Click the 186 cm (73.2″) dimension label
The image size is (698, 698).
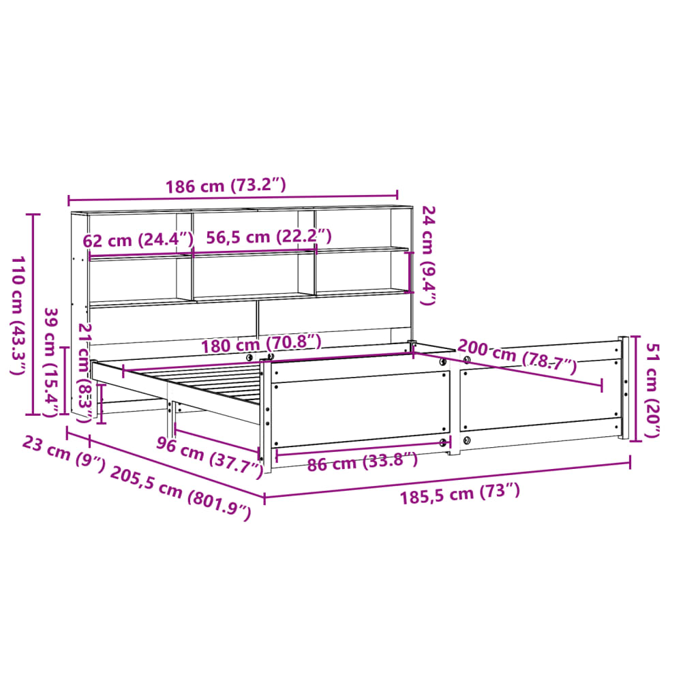(226, 185)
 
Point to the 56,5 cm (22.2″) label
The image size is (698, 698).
(269, 237)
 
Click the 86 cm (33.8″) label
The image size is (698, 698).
(362, 464)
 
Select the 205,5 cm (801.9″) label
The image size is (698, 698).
(181, 493)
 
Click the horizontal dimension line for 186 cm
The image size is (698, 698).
(232, 199)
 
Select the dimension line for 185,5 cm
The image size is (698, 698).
(446, 480)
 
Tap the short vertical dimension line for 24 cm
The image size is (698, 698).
(409, 272)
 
